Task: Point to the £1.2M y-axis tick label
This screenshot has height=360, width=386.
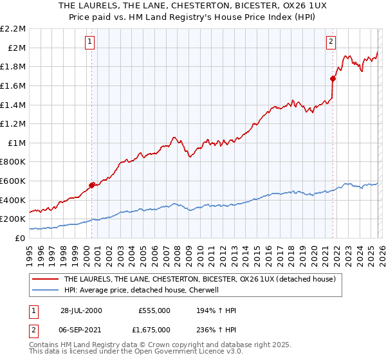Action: pos(14,123)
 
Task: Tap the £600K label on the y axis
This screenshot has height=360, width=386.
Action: pos(14,181)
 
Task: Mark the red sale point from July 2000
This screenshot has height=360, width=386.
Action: pos(92,185)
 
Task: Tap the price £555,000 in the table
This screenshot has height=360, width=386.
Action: pos(154,310)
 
